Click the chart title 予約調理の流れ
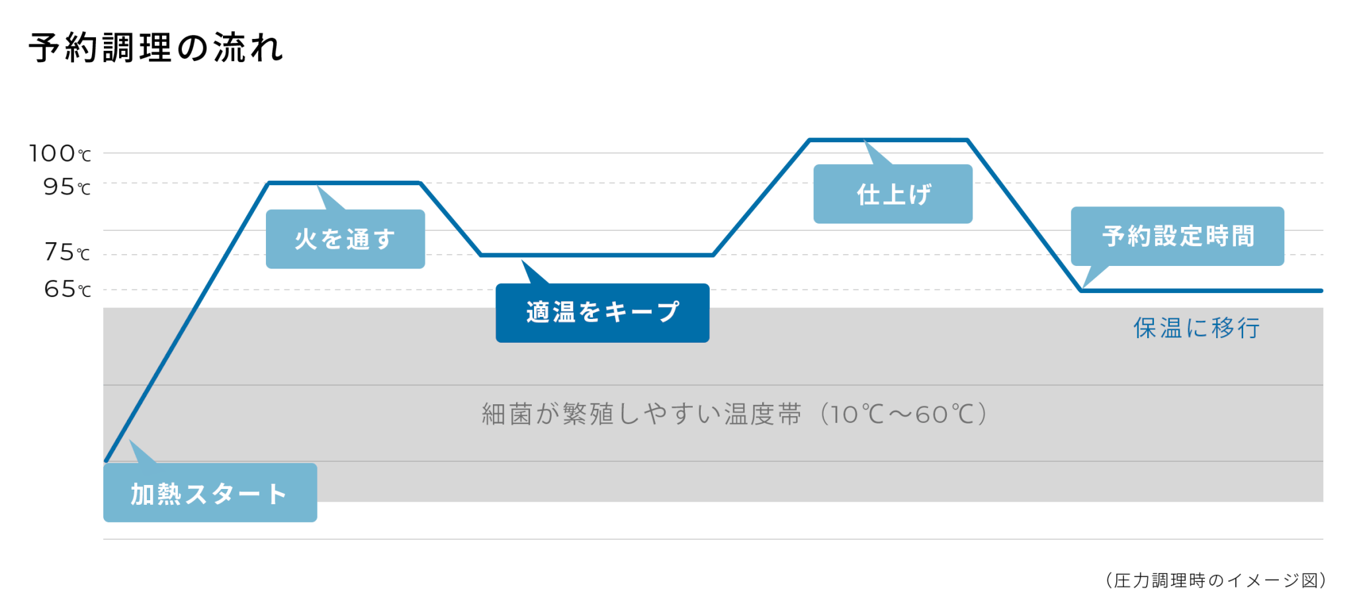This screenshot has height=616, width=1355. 156,48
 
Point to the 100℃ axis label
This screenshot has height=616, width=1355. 60,154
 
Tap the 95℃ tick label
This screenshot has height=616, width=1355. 67,187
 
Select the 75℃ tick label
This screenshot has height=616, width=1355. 67,252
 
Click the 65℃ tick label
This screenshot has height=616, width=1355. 67,289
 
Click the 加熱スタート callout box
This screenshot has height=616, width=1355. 210,492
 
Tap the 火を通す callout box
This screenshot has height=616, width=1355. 345,239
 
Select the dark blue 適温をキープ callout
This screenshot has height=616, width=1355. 602,313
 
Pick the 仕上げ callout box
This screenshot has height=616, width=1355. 893,194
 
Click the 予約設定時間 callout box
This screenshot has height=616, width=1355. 1177,236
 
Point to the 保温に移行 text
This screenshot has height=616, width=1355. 1196,328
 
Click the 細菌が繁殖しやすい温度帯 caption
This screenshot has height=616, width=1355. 642,414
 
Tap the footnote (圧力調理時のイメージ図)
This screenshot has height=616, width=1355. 1215,580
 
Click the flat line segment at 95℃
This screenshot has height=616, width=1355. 344,183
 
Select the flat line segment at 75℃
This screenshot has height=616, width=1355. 597,255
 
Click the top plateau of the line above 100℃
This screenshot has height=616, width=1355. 889,140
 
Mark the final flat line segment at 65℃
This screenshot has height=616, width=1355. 1202,290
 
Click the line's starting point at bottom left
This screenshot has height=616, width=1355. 106,461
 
